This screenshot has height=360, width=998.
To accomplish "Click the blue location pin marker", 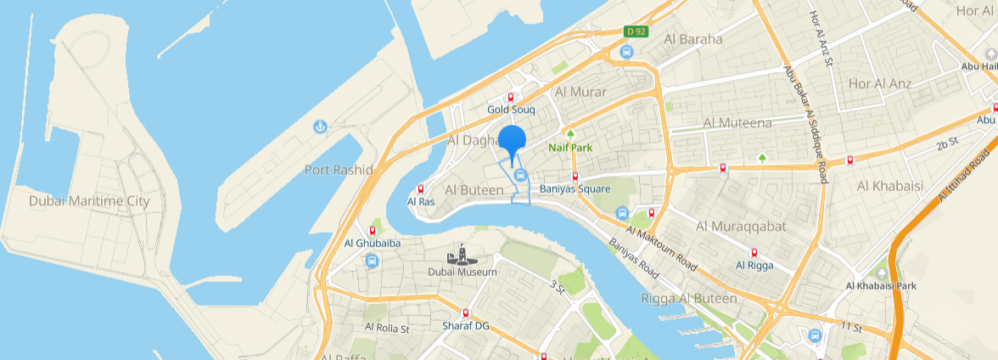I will (512, 140).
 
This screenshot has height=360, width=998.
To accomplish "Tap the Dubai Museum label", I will (462, 272).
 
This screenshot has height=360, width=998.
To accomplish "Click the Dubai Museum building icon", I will (462, 255).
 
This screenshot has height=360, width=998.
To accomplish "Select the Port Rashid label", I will (339, 170).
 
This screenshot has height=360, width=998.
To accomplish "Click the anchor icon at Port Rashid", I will (320, 127).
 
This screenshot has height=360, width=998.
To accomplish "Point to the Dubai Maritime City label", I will (89, 201).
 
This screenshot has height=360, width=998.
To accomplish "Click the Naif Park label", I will (569, 148).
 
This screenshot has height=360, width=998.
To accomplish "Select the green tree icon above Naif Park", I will (570, 134).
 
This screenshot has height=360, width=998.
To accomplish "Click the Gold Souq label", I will (511, 110).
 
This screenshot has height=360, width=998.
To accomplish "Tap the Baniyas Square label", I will (575, 188).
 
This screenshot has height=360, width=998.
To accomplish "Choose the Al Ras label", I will (421, 202).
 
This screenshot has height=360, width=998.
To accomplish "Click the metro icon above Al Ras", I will (421, 189).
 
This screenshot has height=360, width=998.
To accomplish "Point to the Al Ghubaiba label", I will (372, 243).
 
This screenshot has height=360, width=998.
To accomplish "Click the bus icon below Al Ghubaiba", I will (372, 261).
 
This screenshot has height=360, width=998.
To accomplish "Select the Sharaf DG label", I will (466, 326).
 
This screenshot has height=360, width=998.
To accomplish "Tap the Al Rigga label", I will (754, 265).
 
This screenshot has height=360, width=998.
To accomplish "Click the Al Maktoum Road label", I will (663, 249).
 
